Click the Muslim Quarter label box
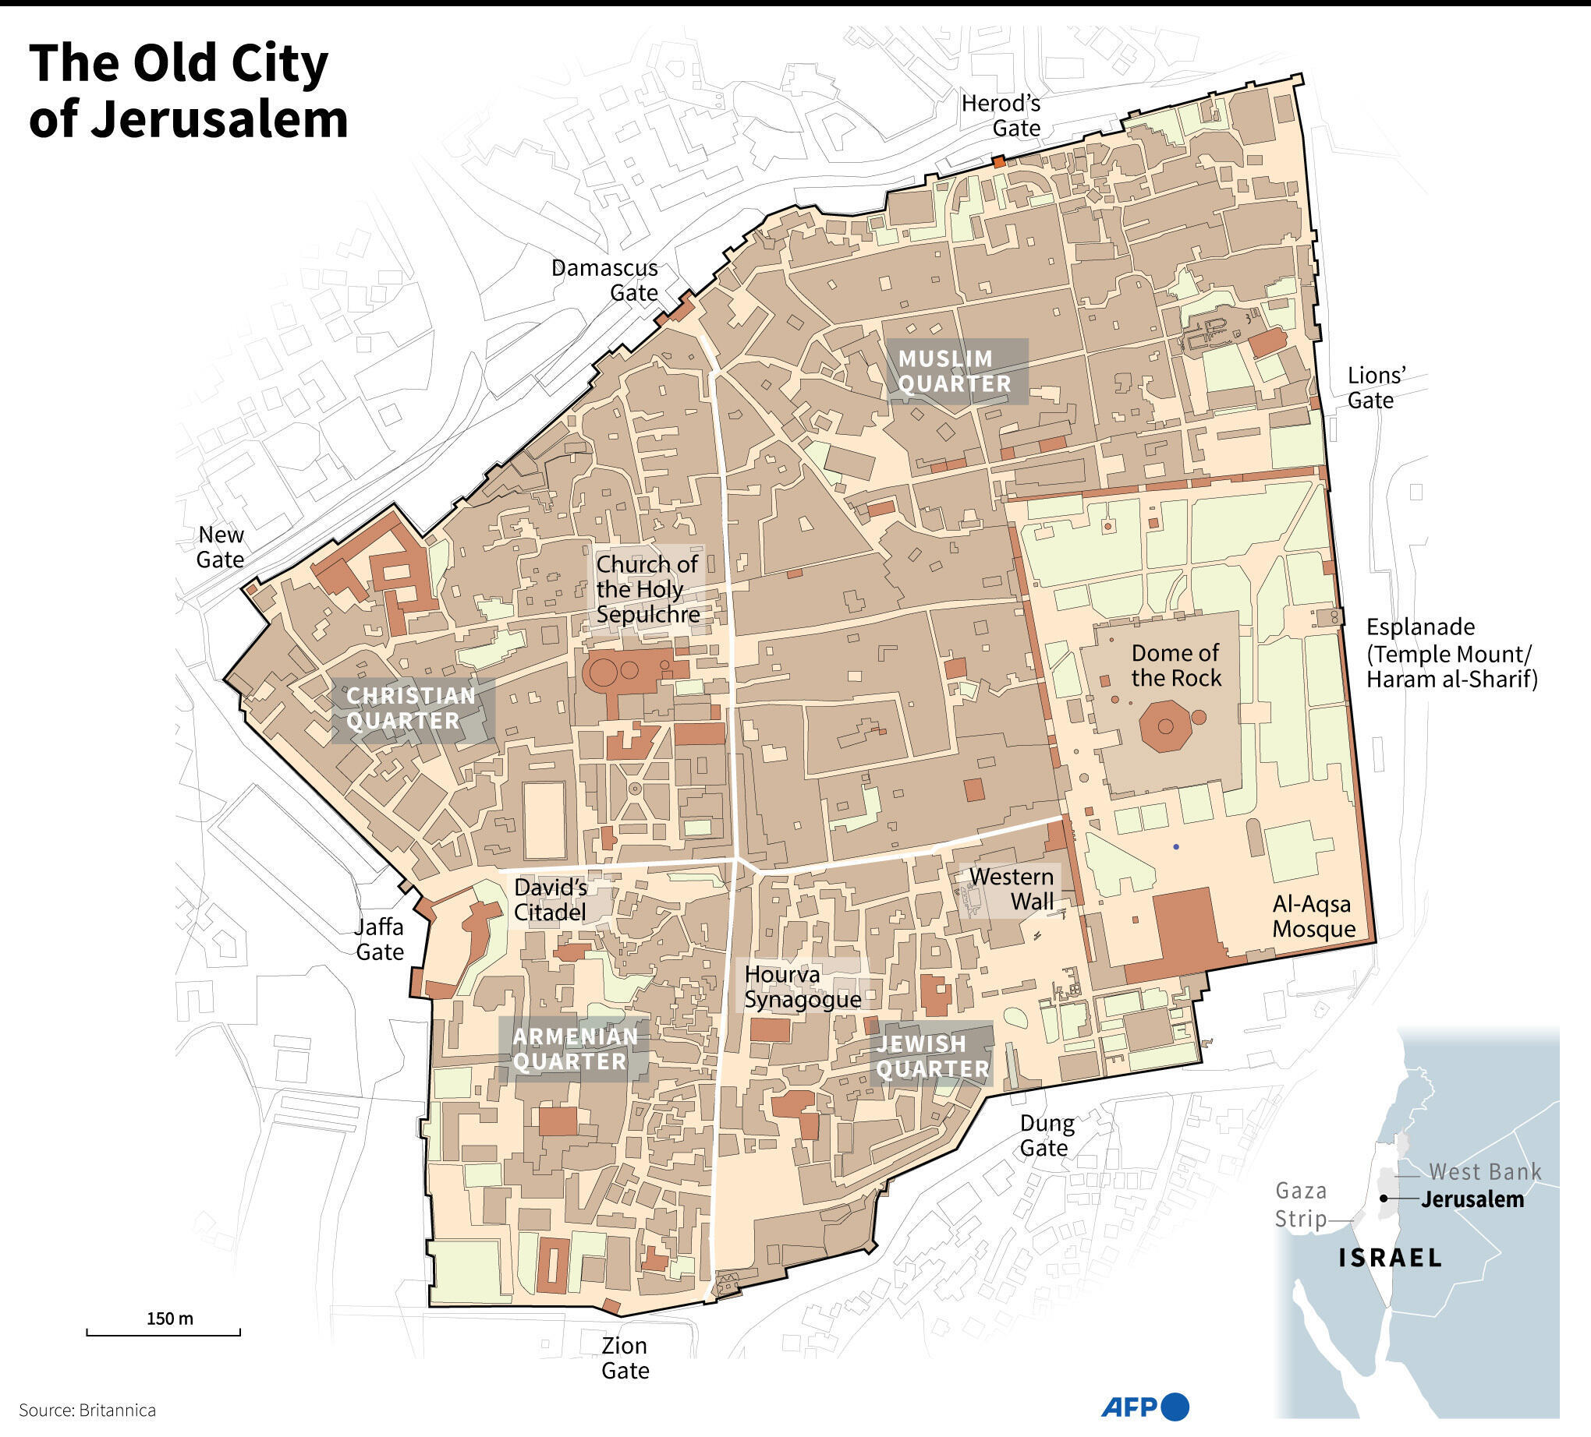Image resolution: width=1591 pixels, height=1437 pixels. [x=955, y=372]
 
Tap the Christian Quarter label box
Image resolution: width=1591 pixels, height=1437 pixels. [x=412, y=708]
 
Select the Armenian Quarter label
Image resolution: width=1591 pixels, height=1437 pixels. [x=575, y=1049]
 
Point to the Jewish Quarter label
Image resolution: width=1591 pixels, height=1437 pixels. [x=932, y=1056]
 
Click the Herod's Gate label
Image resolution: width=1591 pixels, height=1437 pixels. [x=1001, y=115]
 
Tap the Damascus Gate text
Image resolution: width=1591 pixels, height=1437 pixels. [x=604, y=280]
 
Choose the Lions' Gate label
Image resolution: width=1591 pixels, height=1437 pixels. [x=1377, y=387]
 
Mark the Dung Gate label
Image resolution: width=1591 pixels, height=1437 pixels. [x=1047, y=1135]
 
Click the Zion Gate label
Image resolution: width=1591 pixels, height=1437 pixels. [x=625, y=1358]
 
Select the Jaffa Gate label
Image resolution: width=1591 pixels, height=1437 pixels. [x=380, y=939]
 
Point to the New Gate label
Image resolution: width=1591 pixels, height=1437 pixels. [x=220, y=546]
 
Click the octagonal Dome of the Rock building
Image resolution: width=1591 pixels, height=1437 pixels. [x=1165, y=725]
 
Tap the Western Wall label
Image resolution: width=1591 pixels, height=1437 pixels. [x=1011, y=889]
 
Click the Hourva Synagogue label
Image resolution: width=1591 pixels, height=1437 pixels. [x=802, y=987]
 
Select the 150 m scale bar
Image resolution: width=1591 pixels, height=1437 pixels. [x=162, y=1333]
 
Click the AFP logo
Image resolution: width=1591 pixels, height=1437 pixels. [x=1143, y=1407]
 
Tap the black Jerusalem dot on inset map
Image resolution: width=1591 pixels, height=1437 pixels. [x=1384, y=1199]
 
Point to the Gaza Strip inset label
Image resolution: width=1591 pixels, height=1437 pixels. [x=1302, y=1204]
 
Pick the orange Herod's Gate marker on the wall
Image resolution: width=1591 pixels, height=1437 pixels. [x=998, y=161]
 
